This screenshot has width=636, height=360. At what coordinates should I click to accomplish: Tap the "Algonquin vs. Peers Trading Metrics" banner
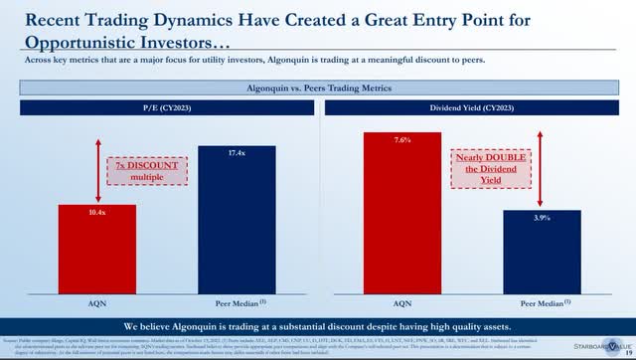(x=317, y=89)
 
